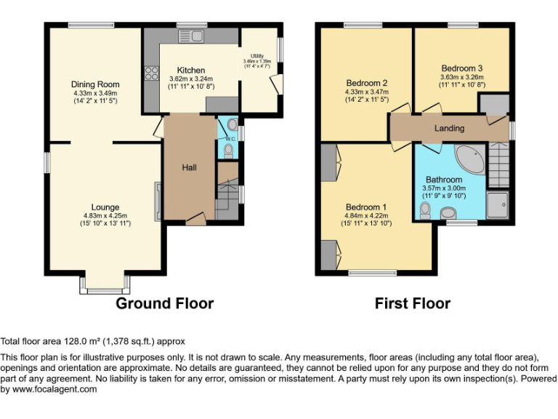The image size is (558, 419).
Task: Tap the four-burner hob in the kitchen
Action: tap(153, 73)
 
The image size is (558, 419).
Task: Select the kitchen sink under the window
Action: tap(197, 35)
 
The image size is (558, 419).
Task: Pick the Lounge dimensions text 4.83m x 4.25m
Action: tap(105, 215)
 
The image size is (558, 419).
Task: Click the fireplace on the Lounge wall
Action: tap(156, 201)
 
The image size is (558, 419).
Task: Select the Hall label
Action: tap(189, 167)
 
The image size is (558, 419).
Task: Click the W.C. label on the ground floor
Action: tap(228, 138)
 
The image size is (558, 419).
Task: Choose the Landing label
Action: tap(449, 128)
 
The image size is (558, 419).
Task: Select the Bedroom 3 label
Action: tap(461, 68)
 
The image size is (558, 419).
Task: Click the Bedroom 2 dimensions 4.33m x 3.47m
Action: tap(367, 92)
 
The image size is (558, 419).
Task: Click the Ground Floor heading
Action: tap(165, 303)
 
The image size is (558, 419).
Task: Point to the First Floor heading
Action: tap(413, 303)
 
